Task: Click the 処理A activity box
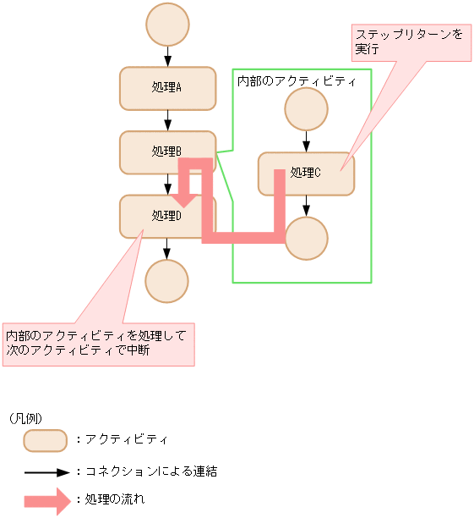(167, 88)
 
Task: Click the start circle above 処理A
(167, 25)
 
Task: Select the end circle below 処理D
(166, 281)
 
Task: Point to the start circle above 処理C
(306, 109)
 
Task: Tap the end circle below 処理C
(306, 238)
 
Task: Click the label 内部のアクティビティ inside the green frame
(296, 80)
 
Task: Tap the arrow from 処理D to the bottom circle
(167, 249)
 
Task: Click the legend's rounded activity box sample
(45, 440)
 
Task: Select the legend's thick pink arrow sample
(46, 500)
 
